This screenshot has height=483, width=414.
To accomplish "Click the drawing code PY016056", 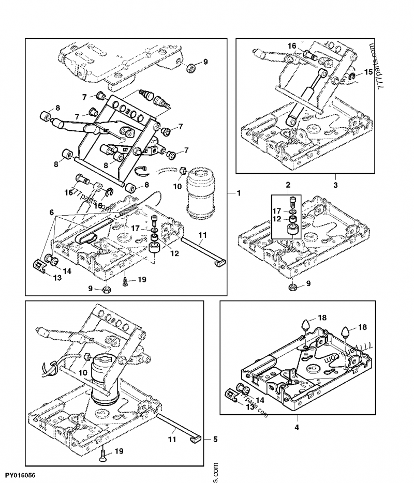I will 21,474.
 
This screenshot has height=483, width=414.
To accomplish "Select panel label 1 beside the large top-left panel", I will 239,193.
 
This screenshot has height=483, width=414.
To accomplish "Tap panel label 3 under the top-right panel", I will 335,184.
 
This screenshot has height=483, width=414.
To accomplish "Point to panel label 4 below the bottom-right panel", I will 297,427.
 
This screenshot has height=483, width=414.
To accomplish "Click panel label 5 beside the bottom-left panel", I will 209,439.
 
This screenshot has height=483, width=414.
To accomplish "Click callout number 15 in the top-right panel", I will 368,72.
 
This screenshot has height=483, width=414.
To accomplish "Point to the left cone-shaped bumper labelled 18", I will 306,327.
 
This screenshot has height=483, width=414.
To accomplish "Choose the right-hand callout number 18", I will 362,327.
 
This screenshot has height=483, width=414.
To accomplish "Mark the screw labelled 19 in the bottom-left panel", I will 103,455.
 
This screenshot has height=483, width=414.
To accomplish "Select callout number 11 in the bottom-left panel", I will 172,439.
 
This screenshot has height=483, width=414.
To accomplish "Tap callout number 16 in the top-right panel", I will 292,46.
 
